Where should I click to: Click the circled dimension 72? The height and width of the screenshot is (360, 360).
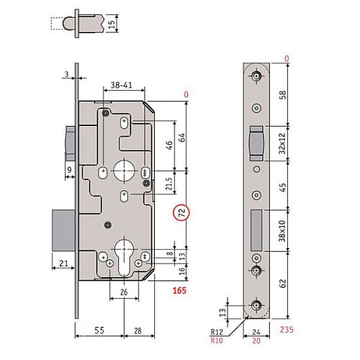tap(182, 215)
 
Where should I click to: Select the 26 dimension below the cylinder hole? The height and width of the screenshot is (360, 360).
tap(123, 292)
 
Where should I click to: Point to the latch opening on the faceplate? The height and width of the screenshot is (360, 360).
tap(256, 142)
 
